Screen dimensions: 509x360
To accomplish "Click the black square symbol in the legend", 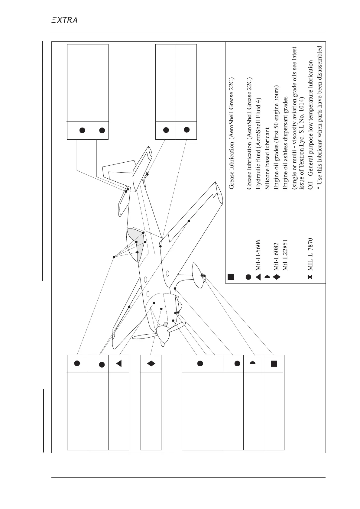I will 230,277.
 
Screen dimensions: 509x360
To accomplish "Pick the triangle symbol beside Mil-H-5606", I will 257,276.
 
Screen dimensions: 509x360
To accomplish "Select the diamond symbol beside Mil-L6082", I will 275,276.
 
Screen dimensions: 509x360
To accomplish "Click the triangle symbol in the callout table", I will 119,363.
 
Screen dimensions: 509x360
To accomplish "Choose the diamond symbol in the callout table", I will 151,363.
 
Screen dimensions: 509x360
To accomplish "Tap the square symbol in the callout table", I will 274,363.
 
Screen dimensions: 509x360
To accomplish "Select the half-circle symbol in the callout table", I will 253,363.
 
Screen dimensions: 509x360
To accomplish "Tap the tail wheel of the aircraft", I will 147,174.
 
